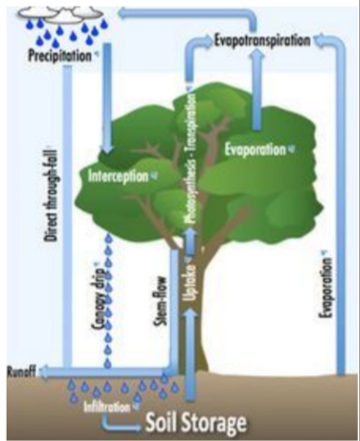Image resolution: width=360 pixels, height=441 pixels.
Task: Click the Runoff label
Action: coord(20,371)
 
